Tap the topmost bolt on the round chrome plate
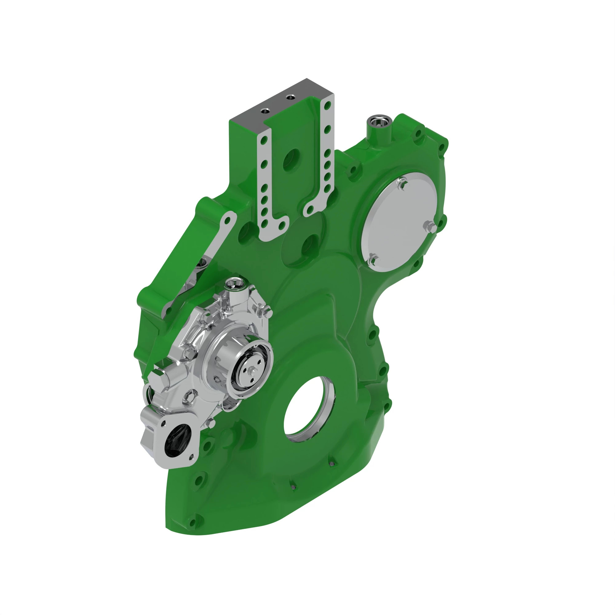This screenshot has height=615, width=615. pyautogui.click(x=402, y=184)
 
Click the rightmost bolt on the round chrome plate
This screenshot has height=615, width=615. pyautogui.click(x=430, y=226)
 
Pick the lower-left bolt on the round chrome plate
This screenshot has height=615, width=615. pyautogui.click(x=373, y=260)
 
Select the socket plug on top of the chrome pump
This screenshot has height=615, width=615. pyautogui.click(x=236, y=283)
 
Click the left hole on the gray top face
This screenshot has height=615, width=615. pyautogui.click(x=265, y=111)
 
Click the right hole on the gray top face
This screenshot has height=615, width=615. pyautogui.click(x=290, y=97)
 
